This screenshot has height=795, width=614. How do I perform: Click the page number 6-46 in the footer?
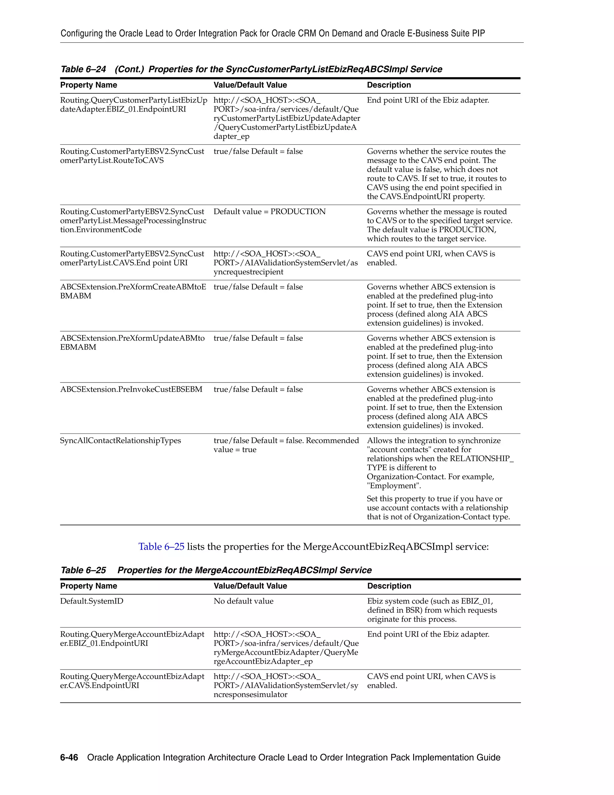point(69,757)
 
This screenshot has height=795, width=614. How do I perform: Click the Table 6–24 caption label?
point(83,69)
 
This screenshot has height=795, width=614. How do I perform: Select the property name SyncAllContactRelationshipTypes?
point(121,440)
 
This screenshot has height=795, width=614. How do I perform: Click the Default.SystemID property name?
point(92,601)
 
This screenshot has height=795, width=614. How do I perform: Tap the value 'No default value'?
point(243,601)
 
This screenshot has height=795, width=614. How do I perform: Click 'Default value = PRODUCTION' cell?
point(269,211)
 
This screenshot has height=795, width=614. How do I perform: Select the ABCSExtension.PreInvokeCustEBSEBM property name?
point(131,389)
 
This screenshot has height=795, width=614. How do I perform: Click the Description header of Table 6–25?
point(389,586)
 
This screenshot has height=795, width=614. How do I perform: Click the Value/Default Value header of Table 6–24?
point(250,85)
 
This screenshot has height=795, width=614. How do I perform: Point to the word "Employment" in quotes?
point(394,486)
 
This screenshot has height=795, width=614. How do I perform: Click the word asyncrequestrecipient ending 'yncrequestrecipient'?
point(249,272)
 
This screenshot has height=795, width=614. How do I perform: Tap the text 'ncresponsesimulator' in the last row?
point(250,694)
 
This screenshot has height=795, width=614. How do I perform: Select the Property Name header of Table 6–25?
point(88,586)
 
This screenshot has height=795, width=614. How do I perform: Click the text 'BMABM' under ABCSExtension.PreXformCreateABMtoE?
point(76,296)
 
